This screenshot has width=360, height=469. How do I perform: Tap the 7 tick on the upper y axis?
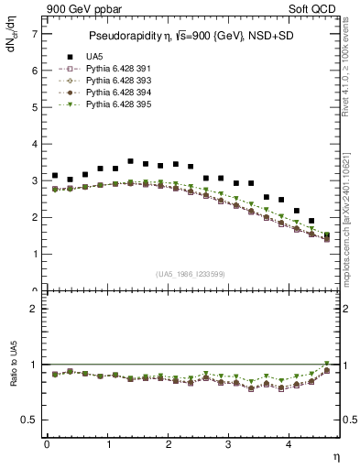tap(36, 34)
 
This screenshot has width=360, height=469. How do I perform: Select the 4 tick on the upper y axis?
tap(36, 144)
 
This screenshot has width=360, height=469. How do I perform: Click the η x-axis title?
tap(334, 455)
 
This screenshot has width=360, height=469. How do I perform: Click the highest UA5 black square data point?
tap(130, 161)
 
